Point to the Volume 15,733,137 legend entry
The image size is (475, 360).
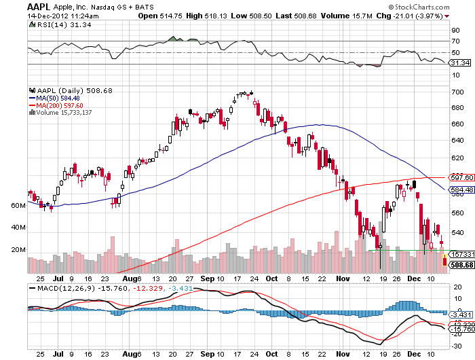[x=64, y=113]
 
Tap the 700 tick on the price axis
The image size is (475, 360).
[x=457, y=92]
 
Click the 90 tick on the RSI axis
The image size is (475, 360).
[x=455, y=30]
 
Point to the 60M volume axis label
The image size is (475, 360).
[x=19, y=204]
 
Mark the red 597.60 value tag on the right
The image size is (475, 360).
[x=461, y=178]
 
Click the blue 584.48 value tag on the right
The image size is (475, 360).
[x=461, y=190]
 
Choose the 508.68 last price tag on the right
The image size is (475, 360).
[x=461, y=265]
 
